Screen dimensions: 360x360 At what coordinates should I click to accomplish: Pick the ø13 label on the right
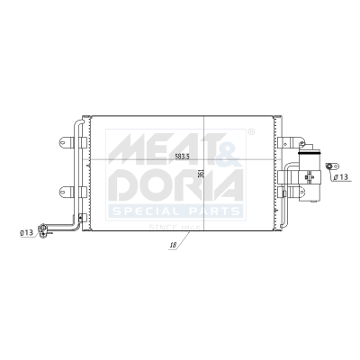pos(341,178)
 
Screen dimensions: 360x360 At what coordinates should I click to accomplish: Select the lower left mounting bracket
pos(65,190)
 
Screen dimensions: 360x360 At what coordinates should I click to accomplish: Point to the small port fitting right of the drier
pos(330,166)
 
